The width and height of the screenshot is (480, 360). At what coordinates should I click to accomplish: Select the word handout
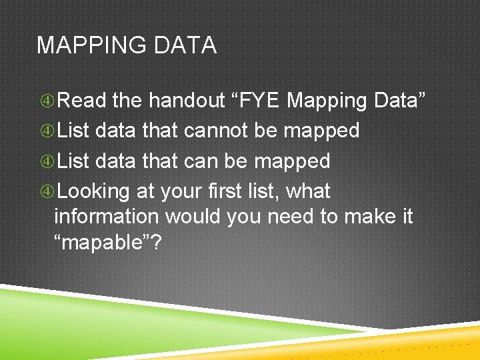(x=187, y=101)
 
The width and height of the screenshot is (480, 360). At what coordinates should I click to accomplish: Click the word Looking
(x=93, y=191)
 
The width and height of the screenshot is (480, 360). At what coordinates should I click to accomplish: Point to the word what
(x=308, y=191)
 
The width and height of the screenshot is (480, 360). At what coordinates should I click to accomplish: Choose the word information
(x=107, y=217)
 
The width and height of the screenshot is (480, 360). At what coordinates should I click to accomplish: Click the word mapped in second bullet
(x=321, y=131)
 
